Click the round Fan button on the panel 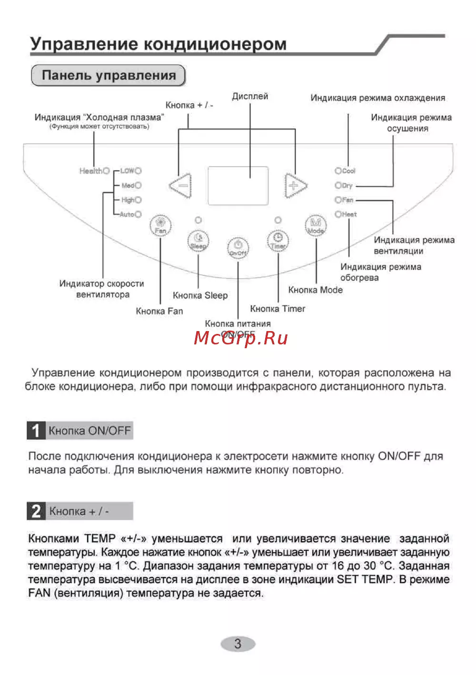pos(160,225)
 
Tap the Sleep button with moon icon pos(198,241)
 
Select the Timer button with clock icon pos(278,241)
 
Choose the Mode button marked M pos(316,225)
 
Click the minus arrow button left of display pos(181,185)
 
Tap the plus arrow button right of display pos(295,185)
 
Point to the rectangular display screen pos(238,186)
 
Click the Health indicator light pos(106,171)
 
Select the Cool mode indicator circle pos(338,171)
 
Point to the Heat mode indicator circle pos(338,215)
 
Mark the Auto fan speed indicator pos(138,215)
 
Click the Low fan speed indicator pos(138,171)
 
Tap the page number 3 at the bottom pos(238,644)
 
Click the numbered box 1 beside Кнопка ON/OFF pos(36,430)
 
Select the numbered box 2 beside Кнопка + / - pos(36,511)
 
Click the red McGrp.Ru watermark pos(241,338)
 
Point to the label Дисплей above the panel pos(250,96)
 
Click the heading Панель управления pos(109,76)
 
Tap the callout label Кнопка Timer pos(278,309)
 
